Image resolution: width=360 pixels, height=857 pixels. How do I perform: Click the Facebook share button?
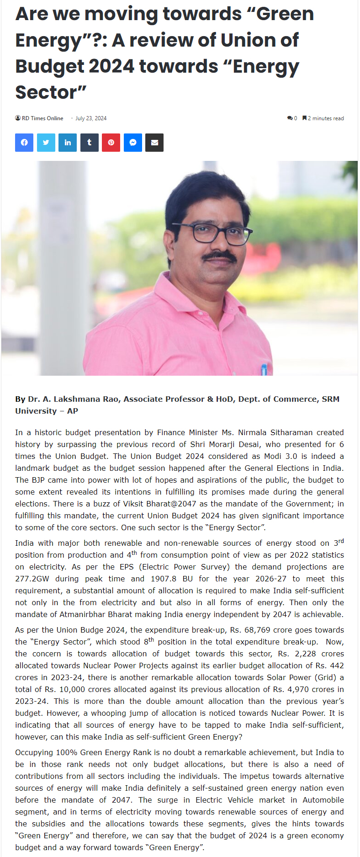coord(24,143)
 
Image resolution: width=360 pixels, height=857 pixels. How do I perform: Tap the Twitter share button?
coord(46,143)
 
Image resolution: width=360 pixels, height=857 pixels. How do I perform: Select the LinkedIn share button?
coord(68,143)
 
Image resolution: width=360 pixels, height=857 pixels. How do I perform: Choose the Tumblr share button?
coord(90,143)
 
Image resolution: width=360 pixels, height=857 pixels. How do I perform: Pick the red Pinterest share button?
coord(111,143)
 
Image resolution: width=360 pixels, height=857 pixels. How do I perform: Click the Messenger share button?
coord(133,143)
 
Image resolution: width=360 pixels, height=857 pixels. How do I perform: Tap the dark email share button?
coord(154,143)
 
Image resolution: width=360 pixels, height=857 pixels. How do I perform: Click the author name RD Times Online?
coord(42,118)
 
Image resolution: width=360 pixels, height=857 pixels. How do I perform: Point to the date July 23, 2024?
coord(91,118)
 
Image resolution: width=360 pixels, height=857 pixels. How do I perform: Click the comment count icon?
coord(290,118)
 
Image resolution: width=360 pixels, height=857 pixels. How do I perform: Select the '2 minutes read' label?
coord(325,118)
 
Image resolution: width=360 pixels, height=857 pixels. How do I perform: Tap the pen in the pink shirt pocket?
coord(264,368)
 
